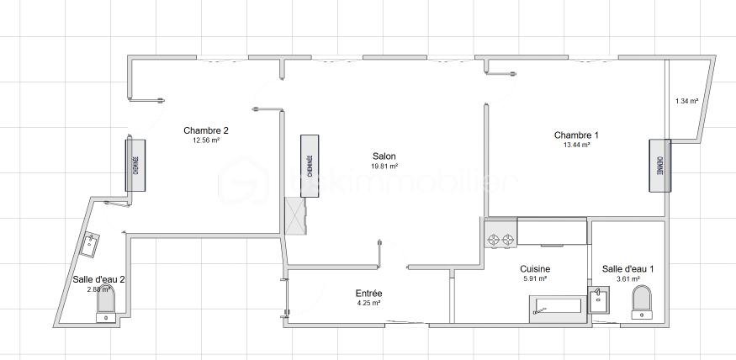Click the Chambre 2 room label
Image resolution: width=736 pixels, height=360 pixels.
pos(206,130)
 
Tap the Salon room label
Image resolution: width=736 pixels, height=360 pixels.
pos(384,156)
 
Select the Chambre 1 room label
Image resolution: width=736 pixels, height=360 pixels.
pos(576,135)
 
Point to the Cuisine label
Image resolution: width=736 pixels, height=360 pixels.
pos(535,268)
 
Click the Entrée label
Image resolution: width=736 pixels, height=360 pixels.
pos(369,293)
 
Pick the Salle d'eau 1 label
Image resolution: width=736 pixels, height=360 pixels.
pos(627,269)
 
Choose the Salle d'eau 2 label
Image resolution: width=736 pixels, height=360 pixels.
pos(98,279)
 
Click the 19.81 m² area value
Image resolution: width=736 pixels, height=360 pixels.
pos(384,167)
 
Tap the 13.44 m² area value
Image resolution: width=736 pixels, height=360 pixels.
pos(576,145)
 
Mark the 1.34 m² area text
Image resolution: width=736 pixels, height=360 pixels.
pos(687,102)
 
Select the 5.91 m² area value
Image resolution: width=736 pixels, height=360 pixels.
pos(535,278)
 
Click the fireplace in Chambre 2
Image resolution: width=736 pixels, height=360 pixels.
pos(134,163)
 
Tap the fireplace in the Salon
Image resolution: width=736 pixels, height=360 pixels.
pos(310,166)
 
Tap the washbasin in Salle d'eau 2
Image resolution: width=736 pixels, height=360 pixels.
pos(90,245)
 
